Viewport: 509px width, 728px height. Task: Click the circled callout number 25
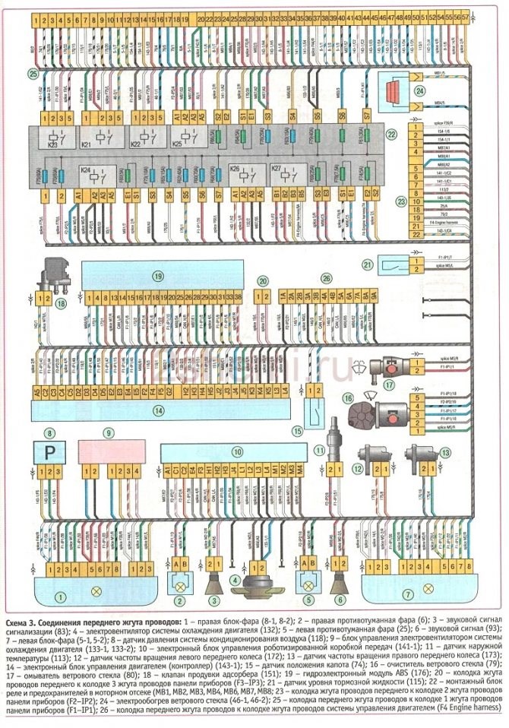coord(31,74)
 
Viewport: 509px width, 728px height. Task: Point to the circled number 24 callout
coord(419,90)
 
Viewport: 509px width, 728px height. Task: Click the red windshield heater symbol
coord(392,89)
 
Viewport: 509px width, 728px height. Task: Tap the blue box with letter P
coord(50,451)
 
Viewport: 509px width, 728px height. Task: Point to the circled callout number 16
coord(348,398)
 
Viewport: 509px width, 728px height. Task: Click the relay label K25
coord(177,144)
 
